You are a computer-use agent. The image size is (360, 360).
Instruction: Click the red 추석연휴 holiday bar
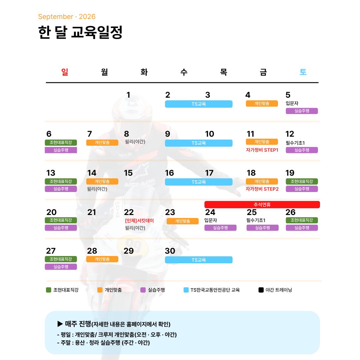tap(262, 205)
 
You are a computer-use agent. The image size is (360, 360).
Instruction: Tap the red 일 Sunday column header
tap(65, 72)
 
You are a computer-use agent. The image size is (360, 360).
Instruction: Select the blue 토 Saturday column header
tap(303, 72)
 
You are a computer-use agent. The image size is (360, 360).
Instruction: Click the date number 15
tap(128, 173)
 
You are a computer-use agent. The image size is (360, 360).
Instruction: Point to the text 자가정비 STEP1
tap(262, 150)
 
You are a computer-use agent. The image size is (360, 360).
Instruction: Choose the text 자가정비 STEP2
tap(262, 189)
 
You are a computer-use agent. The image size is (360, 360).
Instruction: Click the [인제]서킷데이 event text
tap(139, 221)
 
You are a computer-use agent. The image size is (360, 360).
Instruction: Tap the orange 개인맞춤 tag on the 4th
tap(262, 104)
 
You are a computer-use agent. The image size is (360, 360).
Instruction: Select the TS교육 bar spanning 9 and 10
tap(199, 143)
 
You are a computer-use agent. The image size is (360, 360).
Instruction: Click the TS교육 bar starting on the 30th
tap(199, 260)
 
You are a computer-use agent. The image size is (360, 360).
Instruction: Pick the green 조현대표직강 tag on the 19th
tap(302, 181)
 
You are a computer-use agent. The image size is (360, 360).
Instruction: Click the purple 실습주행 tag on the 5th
tap(302, 111)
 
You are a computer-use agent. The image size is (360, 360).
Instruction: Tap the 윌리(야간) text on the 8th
tap(135, 142)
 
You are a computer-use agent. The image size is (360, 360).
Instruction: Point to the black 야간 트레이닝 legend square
tap(261, 290)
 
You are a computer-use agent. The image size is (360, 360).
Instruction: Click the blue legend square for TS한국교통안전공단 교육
tap(186, 290)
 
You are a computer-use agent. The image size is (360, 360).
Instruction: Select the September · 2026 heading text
tap(67, 17)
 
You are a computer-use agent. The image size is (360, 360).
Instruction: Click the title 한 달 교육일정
tap(80, 32)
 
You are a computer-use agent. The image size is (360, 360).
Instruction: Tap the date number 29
tap(129, 251)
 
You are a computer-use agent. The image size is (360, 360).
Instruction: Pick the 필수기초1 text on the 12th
tap(295, 143)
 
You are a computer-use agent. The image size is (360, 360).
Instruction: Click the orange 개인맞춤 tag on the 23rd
tap(183, 221)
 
